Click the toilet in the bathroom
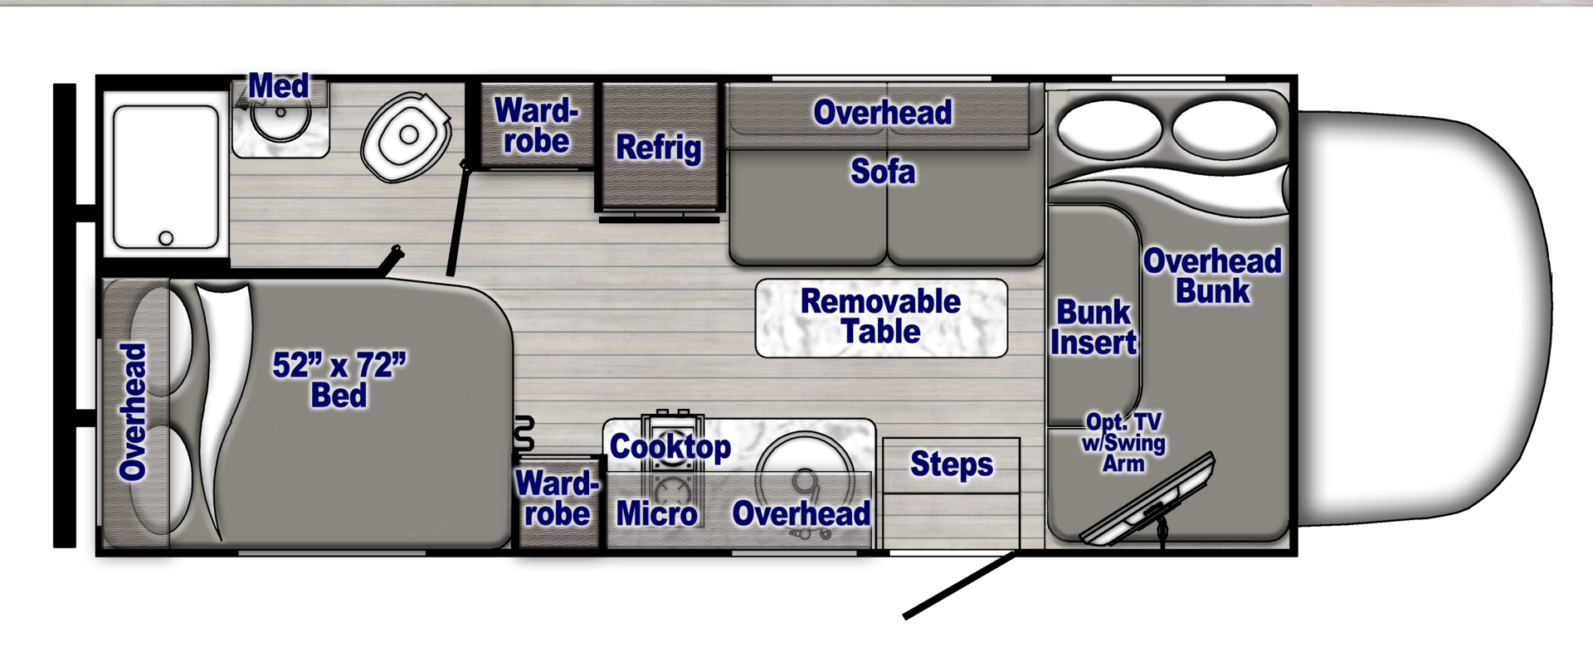tap(406, 137)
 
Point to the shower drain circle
tap(166, 238)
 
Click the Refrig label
tap(658, 148)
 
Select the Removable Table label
tap(880, 316)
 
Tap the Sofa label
tap(883, 172)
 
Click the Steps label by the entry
tap(951, 464)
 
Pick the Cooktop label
tap(670, 447)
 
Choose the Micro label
tap(656, 514)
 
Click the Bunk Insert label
tap(1093, 327)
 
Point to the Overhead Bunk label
tap(1212, 276)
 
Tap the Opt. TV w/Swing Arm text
tap(1123, 443)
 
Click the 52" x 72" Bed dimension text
tap(339, 379)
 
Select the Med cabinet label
tap(279, 85)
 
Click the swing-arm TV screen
tap(1149, 503)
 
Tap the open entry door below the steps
tap(958, 585)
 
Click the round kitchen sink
tap(804, 473)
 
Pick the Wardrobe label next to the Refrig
tap(536, 126)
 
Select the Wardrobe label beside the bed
tap(557, 498)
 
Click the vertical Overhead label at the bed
tap(133, 412)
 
